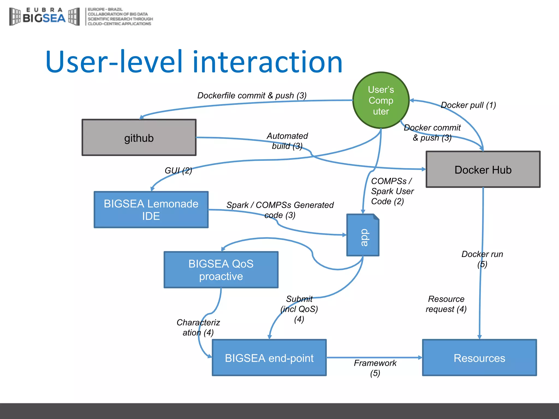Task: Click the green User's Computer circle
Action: [x=381, y=100]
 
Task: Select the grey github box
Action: [x=139, y=138]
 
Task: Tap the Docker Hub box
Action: [x=483, y=170]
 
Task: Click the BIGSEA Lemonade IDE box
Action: [x=151, y=210]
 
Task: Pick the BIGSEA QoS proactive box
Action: [x=221, y=270]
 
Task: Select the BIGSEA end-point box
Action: [x=269, y=358]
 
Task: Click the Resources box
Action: [x=479, y=358]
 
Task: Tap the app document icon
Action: [x=363, y=235]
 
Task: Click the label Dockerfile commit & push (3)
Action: [x=252, y=95]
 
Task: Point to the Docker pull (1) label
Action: [x=468, y=105]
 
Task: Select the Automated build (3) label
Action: [x=287, y=141]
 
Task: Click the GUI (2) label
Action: [x=178, y=170]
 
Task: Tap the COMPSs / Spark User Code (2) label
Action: [x=392, y=191]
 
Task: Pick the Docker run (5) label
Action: [x=482, y=259]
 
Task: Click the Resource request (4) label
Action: [x=446, y=304]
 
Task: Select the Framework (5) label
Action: [x=375, y=368]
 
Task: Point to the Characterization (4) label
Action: [x=198, y=327]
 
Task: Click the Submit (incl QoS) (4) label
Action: [x=299, y=309]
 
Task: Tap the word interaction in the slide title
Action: [x=267, y=62]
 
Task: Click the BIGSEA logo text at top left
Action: [x=44, y=18]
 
